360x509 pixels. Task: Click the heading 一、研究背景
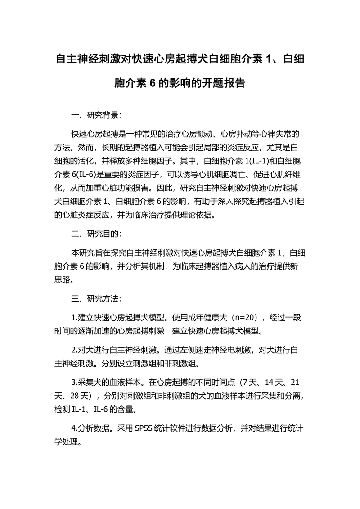(x=96, y=115)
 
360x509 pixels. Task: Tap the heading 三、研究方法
(x=96, y=299)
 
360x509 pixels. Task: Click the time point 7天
(x=249, y=383)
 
